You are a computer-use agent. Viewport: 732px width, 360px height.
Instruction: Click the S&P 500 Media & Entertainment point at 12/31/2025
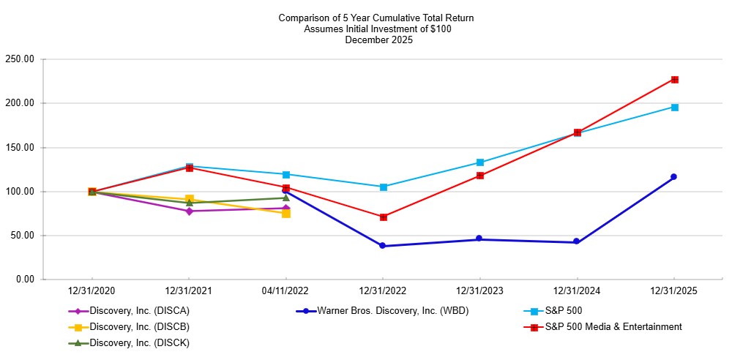[674, 80]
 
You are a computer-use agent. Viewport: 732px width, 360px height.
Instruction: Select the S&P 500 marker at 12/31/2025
[674, 108]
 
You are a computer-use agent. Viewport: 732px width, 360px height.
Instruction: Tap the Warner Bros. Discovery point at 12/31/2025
[674, 176]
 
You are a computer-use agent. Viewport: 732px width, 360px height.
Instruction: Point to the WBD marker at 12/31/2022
[383, 246]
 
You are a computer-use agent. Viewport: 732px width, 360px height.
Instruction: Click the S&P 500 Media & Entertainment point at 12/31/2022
[383, 217]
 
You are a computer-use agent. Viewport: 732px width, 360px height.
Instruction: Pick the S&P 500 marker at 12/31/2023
[480, 162]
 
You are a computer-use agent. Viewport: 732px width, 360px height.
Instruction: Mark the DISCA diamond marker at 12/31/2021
[189, 211]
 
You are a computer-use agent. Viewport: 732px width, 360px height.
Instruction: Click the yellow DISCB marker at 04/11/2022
[286, 214]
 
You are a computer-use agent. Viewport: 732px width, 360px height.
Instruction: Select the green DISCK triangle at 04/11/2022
[286, 198]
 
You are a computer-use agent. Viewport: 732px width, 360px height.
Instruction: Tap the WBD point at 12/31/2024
[577, 241]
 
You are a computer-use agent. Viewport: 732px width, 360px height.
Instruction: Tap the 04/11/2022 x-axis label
[286, 291]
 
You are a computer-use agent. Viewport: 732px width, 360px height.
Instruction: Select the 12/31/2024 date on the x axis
[577, 291]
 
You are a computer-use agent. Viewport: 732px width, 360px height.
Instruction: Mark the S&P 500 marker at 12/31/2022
[383, 187]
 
